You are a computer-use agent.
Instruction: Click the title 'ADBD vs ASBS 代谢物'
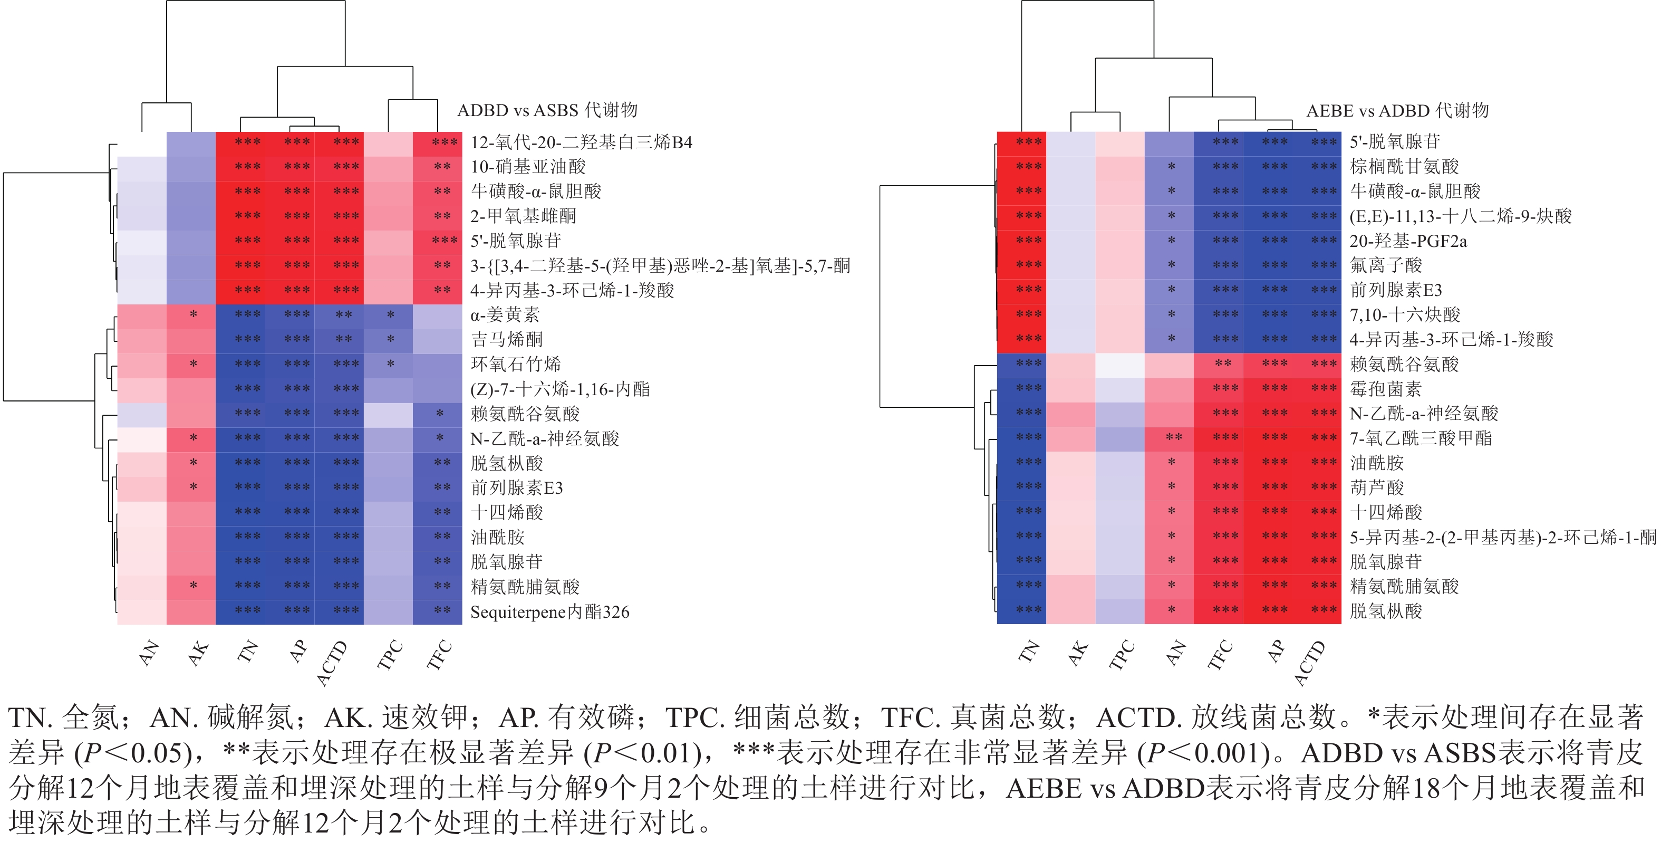coord(547,110)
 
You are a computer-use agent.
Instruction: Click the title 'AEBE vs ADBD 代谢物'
coord(1397,111)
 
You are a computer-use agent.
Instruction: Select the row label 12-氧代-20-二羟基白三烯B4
coord(581,142)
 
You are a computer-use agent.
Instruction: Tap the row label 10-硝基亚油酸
coord(527,167)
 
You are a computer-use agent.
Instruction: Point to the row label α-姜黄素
coord(505,315)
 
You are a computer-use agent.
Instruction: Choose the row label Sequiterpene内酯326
coord(549,611)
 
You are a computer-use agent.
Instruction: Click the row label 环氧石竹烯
coord(516,364)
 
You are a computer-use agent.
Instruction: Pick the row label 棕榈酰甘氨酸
coord(1404,167)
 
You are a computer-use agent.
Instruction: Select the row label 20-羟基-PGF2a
coord(1408,241)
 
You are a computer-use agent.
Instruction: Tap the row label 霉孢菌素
coord(1386,388)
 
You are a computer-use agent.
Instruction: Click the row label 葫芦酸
coord(1377,487)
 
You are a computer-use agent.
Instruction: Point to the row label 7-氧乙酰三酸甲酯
coord(1421,438)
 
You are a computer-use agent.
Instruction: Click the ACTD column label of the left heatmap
coord(332,663)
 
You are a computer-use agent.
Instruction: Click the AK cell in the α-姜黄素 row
coord(191,315)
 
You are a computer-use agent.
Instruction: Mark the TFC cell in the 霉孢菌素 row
coord(1218,388)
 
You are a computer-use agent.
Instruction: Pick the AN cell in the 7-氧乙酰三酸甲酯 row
coord(1169,438)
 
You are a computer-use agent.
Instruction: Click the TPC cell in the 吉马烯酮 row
coord(388,339)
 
